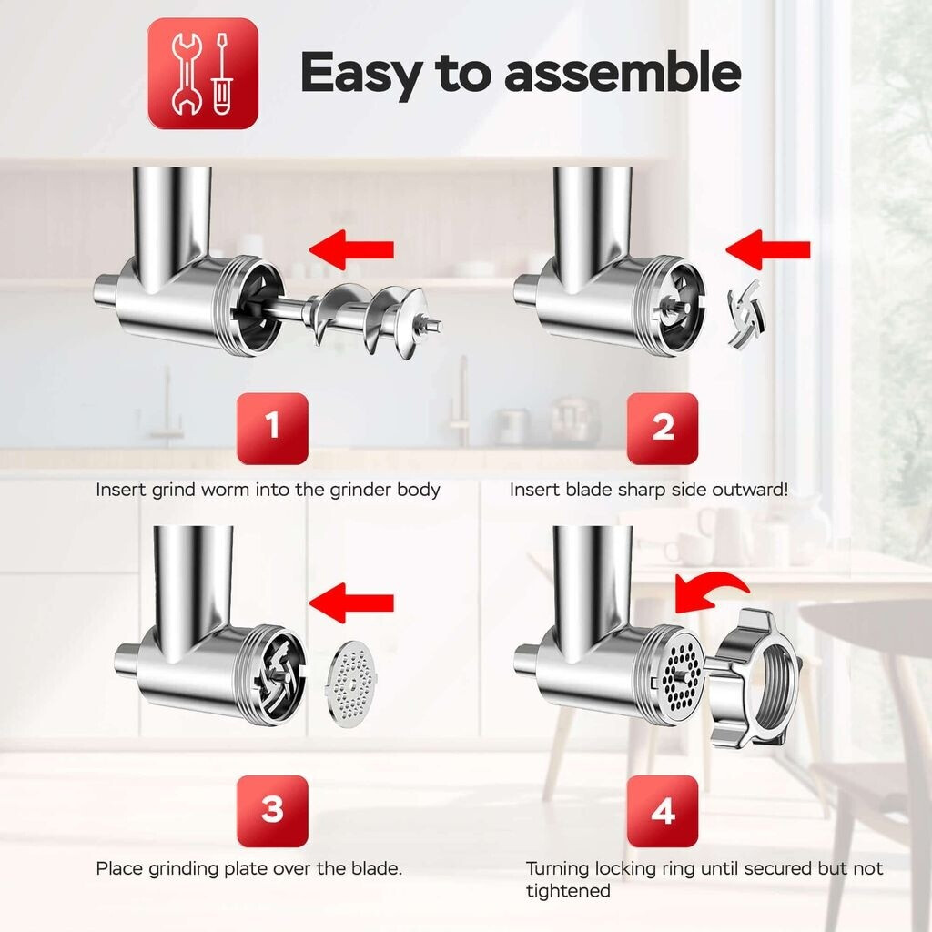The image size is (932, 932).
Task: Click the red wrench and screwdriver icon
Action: point(203,73)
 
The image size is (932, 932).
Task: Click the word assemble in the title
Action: point(623,73)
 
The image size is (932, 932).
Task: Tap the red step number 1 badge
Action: point(272,428)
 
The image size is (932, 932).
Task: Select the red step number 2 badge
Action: point(663,428)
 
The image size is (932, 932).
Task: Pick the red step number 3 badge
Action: point(272,811)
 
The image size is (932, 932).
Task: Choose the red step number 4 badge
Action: point(663,811)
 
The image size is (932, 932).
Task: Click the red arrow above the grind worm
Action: point(351,249)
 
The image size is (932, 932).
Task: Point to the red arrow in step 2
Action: point(768,249)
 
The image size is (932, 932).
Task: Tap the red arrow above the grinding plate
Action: point(351,603)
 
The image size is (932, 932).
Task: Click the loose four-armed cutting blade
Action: point(745,314)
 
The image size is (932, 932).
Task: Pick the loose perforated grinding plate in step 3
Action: point(352,684)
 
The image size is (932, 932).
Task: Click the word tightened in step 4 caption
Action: point(568,890)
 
